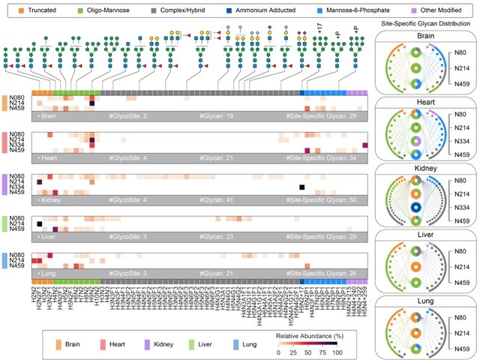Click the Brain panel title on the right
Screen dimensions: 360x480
click(x=425, y=35)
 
